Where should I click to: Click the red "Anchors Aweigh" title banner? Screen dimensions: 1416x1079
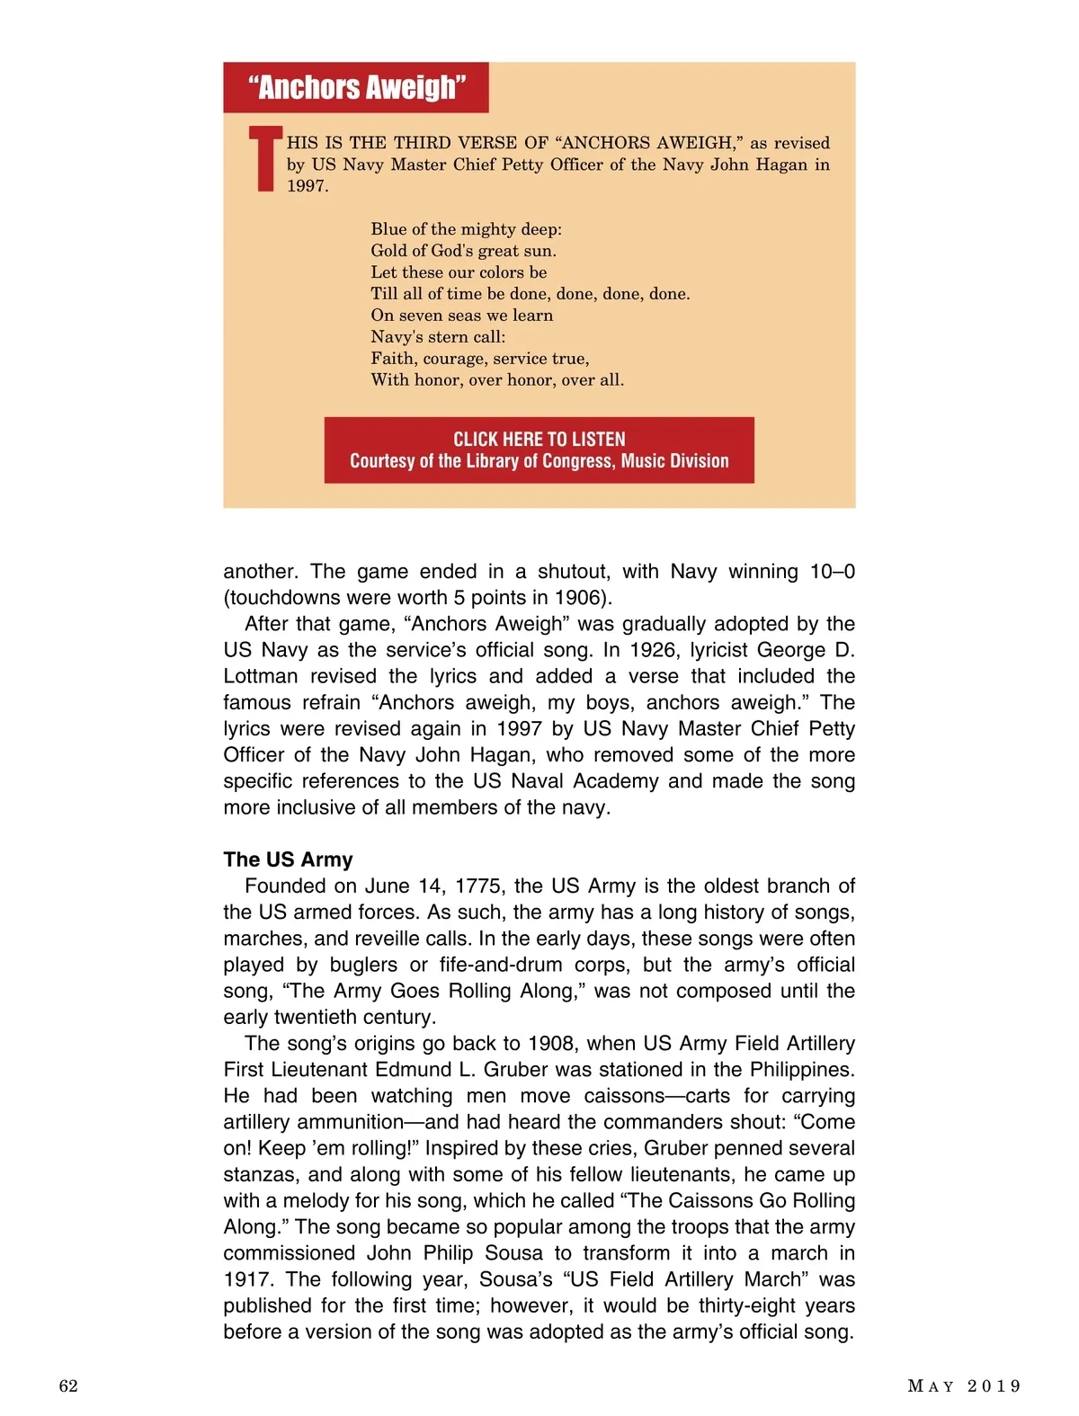coord(356,87)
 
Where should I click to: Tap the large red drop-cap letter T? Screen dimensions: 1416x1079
coord(265,159)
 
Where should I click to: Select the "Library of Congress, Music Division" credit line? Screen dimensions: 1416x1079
coord(539,461)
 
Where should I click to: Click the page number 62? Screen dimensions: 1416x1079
coord(68,1385)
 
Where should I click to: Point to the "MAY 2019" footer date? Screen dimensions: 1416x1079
coord(964,1385)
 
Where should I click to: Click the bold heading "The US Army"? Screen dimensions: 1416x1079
coord(288,859)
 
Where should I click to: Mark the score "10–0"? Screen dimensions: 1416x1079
coord(832,572)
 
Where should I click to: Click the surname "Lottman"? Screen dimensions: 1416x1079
coord(260,676)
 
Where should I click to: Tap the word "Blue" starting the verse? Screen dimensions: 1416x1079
coord(388,229)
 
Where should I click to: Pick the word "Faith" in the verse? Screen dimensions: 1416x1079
coord(393,359)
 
